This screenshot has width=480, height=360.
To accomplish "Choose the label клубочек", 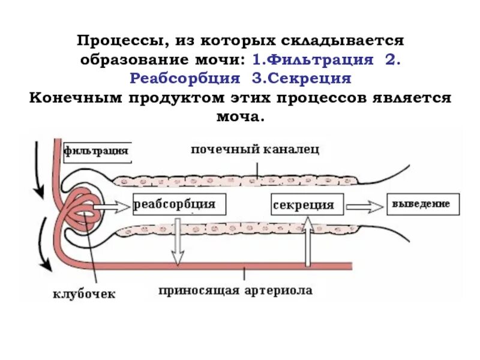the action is (83, 294).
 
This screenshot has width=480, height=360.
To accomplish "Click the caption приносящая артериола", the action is (235, 291).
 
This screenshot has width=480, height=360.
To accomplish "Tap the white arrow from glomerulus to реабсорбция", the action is (111, 207).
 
